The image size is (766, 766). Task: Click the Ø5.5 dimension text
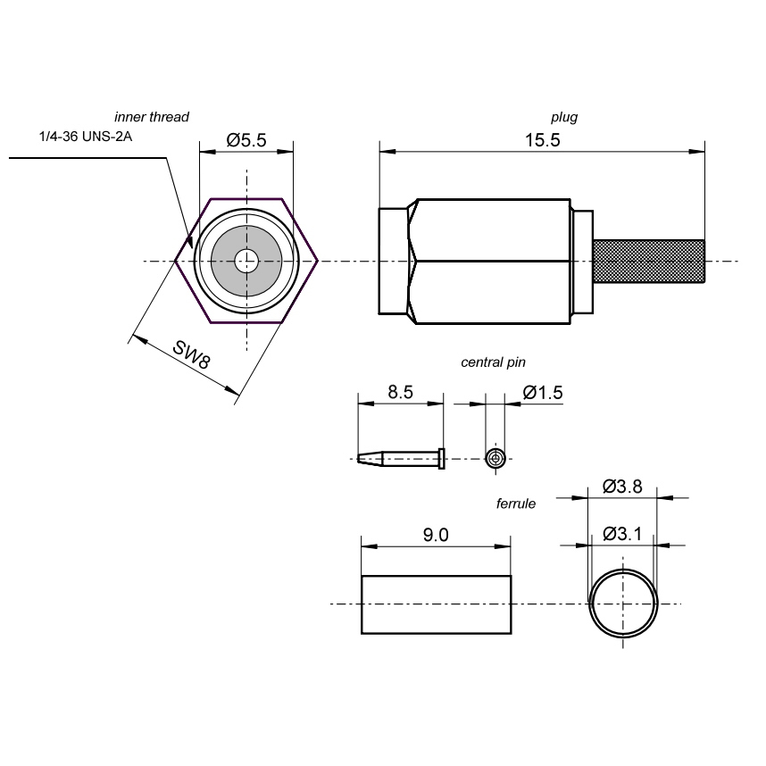coord(246,140)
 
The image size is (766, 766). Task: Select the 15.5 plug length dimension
coord(542,140)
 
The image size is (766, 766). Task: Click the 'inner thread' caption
coord(152,117)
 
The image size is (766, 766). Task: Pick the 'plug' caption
coord(563,117)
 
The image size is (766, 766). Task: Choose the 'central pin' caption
coord(493,362)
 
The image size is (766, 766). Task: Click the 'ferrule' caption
coord(515,504)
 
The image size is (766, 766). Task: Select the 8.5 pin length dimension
coord(400,392)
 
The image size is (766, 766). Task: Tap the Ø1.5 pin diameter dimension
coord(543,392)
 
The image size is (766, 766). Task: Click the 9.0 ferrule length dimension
coord(435,535)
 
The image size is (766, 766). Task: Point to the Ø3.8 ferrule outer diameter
coord(622,487)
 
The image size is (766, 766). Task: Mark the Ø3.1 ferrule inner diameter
coord(622,534)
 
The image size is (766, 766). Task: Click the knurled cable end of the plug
coord(650,262)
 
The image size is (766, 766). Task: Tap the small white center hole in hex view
coord(246,262)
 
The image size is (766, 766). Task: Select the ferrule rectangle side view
coord(436,604)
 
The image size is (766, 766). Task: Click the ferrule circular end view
coord(623,604)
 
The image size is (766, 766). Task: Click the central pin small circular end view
coord(495,459)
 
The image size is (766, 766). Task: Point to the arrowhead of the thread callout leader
coord(190,242)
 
